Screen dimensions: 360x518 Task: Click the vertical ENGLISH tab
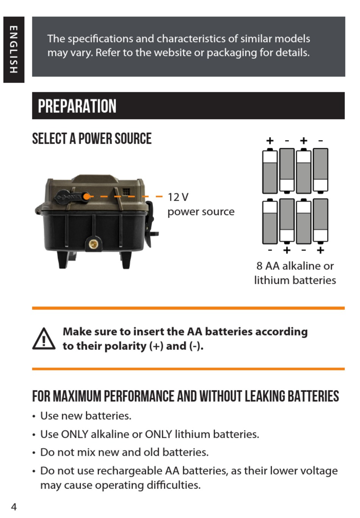tap(14, 50)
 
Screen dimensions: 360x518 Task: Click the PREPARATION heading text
tap(77, 106)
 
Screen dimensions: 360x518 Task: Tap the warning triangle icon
tap(44, 338)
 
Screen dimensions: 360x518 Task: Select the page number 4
tap(14, 507)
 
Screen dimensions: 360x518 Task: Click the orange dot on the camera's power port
tap(86, 197)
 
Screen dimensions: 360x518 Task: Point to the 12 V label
tap(178, 197)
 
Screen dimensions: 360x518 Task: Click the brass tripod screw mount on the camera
tap(93, 244)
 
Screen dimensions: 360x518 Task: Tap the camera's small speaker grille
tap(126, 192)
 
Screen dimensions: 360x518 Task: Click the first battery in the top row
tap(270, 171)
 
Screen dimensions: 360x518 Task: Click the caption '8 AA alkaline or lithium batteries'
tap(295, 273)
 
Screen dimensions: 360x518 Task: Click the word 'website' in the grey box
tap(172, 53)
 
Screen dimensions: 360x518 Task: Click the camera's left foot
tap(63, 260)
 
